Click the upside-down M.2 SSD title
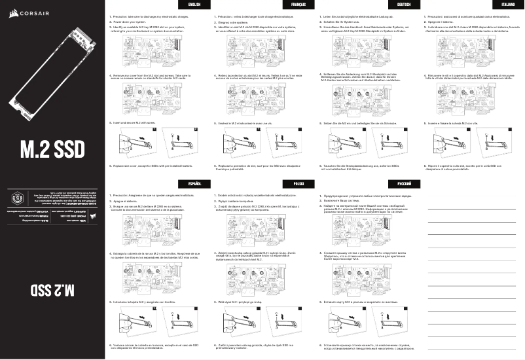click(x=52, y=289)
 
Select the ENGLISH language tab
click(x=194, y=5)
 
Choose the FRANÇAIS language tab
click(x=300, y=5)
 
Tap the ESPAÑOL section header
click(x=194, y=185)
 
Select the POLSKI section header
click(x=300, y=185)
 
